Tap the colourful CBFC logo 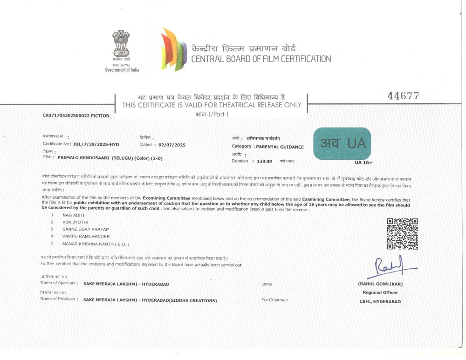[173, 49]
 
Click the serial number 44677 [403, 96]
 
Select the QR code [402, 233]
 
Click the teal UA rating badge [342, 143]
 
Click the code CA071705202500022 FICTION [76, 115]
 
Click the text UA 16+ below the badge [363, 163]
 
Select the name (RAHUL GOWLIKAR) [380, 284]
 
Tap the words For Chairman [274, 300]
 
